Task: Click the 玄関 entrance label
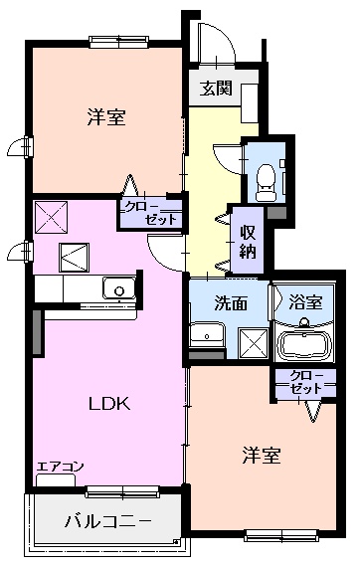tap(216, 88)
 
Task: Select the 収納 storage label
tap(247, 240)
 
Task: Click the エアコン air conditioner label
tap(61, 467)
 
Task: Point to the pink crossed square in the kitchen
tap(49, 216)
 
